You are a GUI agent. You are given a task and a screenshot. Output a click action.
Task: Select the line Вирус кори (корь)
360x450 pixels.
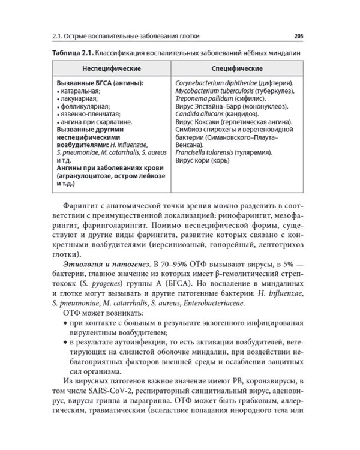(x=202, y=160)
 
